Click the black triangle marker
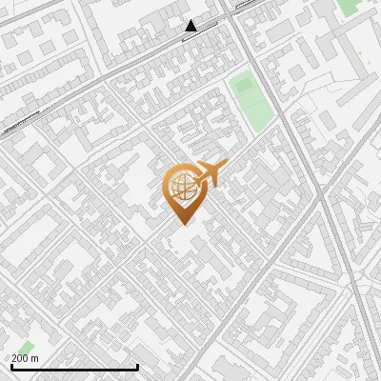coord(191,26)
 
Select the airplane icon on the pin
coord(211,173)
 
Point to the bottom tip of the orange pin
coord(183,224)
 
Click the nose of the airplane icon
coord(225,167)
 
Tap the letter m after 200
coord(35,358)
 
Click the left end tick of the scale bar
coord(11,366)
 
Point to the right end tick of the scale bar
coord(137,366)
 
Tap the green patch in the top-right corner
coord(350,7)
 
